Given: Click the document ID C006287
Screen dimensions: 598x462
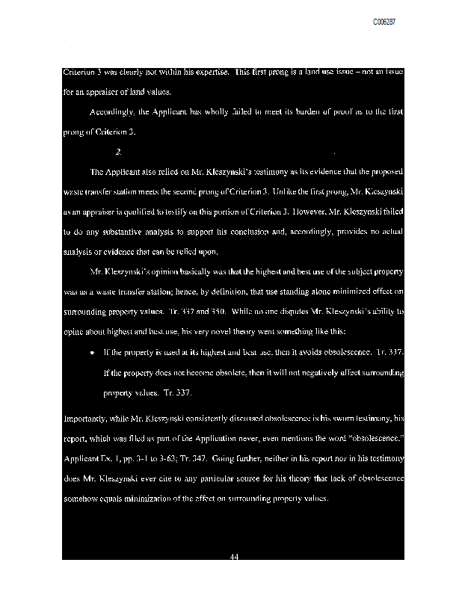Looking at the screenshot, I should (384, 23).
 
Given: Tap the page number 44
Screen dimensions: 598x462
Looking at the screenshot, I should (233, 555).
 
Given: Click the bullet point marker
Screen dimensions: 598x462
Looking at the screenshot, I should (91, 351).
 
